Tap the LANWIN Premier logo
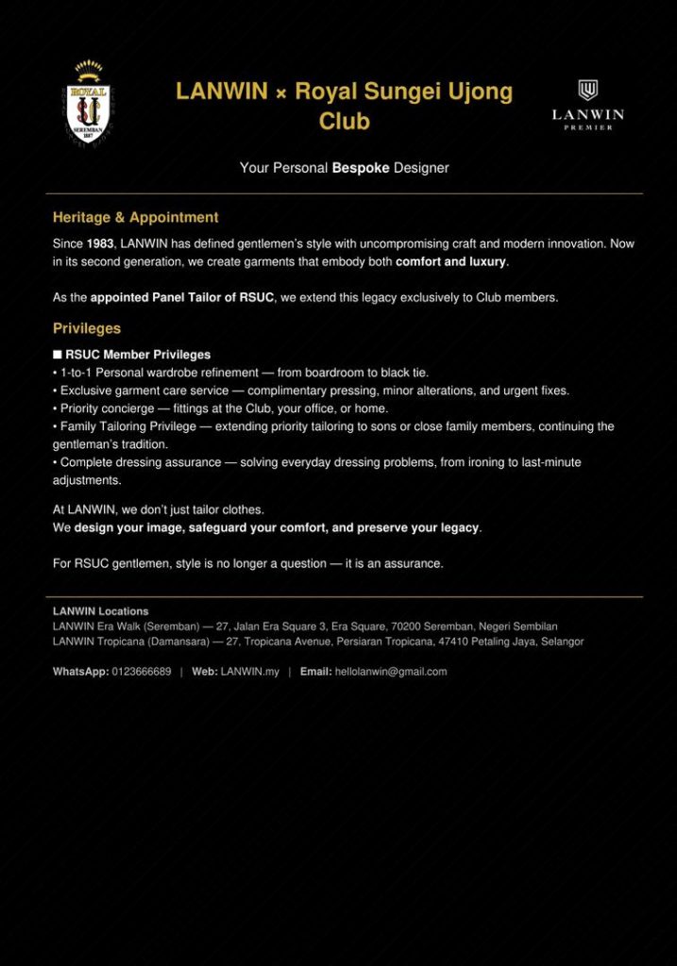(x=587, y=105)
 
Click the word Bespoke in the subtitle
(x=361, y=168)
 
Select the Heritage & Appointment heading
(x=135, y=217)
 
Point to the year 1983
(x=100, y=243)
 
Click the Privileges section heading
(x=87, y=328)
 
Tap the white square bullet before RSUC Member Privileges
(x=58, y=355)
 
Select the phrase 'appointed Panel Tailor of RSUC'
(x=182, y=297)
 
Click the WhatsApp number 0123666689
(x=142, y=672)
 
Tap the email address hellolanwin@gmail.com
(x=391, y=672)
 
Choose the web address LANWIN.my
(x=250, y=672)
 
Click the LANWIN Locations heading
(x=100, y=611)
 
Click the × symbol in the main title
(x=281, y=92)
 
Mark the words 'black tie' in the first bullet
(x=404, y=373)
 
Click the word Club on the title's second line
(x=344, y=122)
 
